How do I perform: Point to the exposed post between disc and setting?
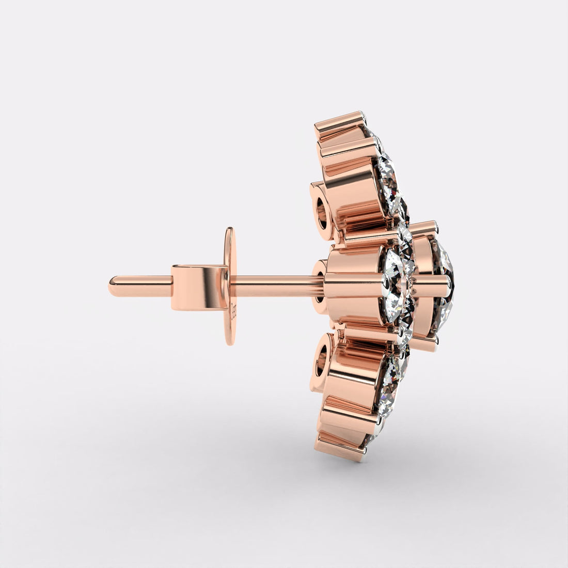[x=274, y=283]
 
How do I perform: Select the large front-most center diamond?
[x=444, y=287]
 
